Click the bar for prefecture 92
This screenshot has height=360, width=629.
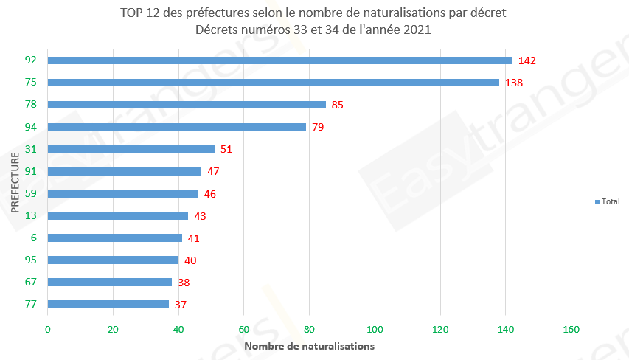click(280, 60)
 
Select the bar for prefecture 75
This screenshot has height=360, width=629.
click(274, 83)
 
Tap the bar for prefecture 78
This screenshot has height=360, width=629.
click(187, 105)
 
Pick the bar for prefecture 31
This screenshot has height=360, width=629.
click(131, 149)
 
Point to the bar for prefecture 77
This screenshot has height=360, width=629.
click(108, 304)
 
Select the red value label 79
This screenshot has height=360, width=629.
click(319, 127)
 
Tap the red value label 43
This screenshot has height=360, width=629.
click(201, 215)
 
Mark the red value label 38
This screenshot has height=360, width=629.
click(184, 282)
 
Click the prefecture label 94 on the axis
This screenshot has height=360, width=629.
click(31, 127)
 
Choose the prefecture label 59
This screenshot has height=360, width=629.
click(31, 193)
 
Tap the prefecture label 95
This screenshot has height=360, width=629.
click(31, 260)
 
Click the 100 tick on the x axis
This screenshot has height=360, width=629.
click(375, 329)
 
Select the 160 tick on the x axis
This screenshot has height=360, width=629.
click(571, 329)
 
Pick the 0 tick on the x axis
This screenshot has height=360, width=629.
click(48, 329)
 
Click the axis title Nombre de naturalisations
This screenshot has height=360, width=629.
click(309, 345)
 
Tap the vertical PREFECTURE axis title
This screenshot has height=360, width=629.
click(15, 182)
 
